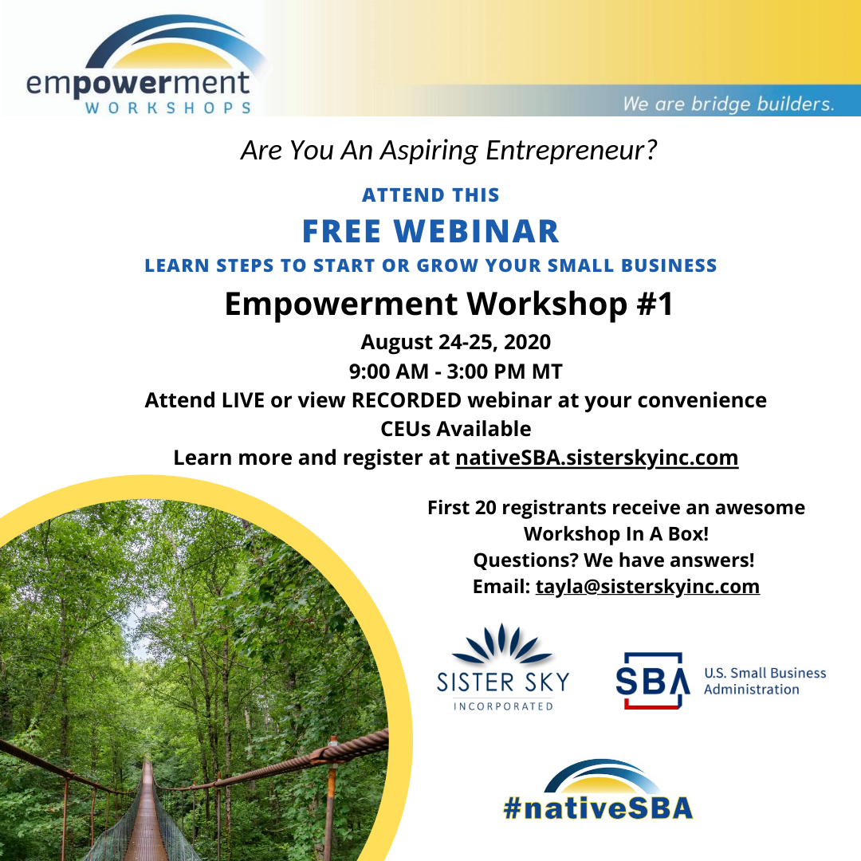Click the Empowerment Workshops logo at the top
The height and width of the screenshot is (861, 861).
point(140,65)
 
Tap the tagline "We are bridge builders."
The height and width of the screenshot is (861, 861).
point(728,103)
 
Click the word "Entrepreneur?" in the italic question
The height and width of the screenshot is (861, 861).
point(571,151)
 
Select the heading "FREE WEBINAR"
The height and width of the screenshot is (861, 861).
point(431,231)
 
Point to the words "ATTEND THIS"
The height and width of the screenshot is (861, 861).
point(431,195)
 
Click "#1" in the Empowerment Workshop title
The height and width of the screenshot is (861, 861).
point(655,304)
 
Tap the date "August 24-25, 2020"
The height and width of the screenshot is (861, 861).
point(456,342)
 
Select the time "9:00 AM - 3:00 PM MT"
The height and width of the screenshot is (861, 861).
point(456,372)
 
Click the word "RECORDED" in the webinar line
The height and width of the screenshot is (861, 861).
point(407,400)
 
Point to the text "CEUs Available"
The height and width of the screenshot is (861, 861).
point(456,429)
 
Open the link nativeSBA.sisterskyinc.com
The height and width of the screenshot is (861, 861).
point(597,458)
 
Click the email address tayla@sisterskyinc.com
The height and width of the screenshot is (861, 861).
point(648,587)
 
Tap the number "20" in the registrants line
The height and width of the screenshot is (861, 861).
point(486,508)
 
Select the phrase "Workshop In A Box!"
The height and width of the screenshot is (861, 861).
point(616,533)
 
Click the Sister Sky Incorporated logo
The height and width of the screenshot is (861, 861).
point(503,668)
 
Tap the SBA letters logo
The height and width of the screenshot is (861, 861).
point(652,681)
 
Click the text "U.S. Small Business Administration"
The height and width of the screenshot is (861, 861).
point(765,681)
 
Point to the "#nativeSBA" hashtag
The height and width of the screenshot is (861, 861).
point(599,791)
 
